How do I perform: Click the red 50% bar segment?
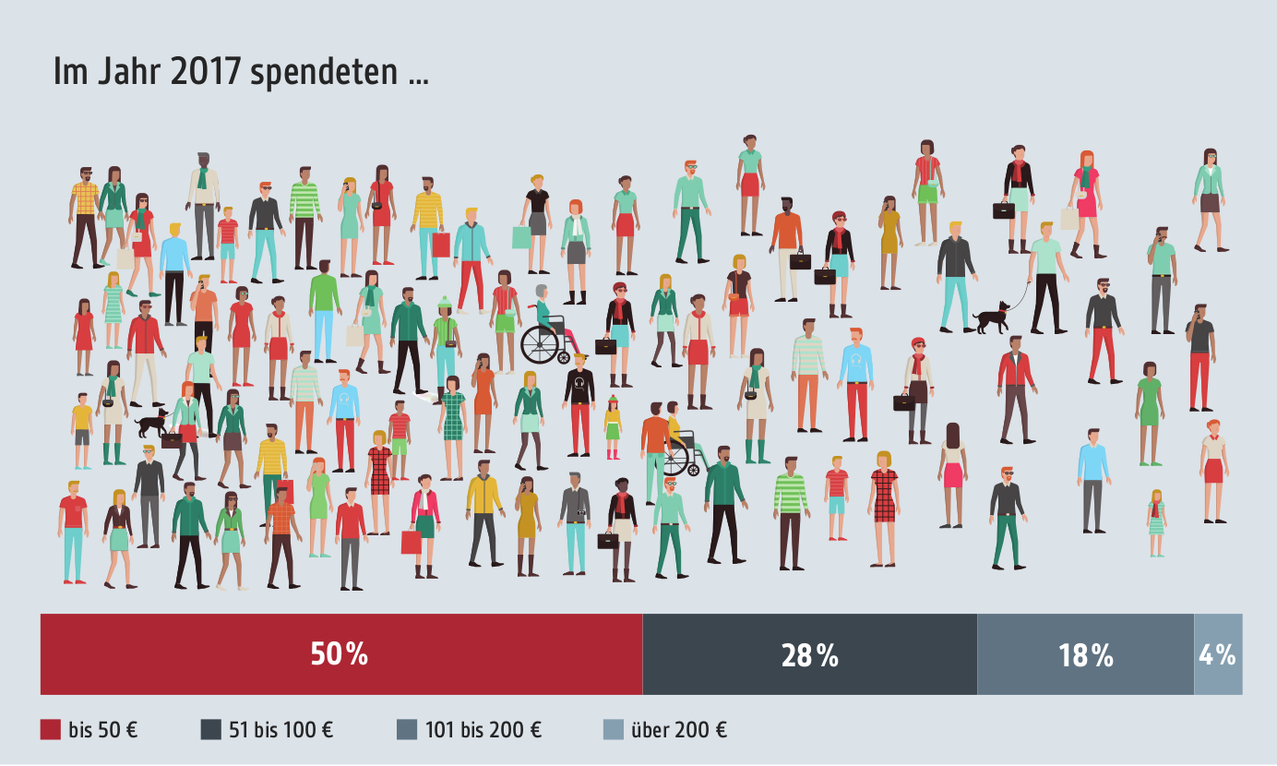340,654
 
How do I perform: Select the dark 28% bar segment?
809,654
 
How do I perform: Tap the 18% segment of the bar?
1085,654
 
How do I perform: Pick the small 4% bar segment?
1218,654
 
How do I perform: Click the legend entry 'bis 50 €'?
90,730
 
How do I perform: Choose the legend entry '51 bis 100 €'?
267,730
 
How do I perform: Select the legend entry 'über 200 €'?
665,730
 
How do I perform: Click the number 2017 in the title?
208,73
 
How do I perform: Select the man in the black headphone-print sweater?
579,401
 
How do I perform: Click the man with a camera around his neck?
575,521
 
